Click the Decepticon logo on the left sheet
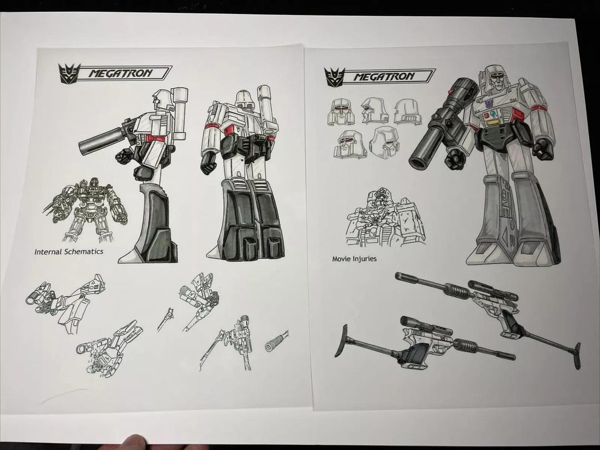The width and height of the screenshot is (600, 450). click(68, 73)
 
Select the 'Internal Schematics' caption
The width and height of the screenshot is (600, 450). click(68, 252)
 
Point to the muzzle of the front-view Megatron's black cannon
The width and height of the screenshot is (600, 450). click(418, 161)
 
